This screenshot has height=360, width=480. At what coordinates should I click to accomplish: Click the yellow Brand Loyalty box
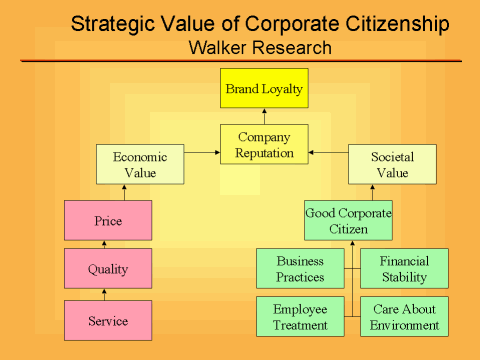[x=264, y=89]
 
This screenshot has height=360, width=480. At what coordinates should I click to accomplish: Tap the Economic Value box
[x=140, y=165]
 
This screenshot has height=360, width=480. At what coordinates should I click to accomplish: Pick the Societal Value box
[x=392, y=165]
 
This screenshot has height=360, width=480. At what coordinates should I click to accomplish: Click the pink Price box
[x=108, y=220]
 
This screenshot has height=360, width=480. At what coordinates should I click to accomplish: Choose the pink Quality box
[x=108, y=268]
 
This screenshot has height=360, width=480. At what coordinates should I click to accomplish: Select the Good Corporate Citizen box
[x=348, y=220]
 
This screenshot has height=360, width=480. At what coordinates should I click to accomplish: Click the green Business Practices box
[x=300, y=268]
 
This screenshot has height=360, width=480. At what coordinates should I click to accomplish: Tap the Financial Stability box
[x=404, y=268]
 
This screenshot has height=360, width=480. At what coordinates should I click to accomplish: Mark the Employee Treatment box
[x=300, y=316]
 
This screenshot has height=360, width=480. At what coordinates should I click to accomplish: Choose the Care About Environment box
[x=404, y=316]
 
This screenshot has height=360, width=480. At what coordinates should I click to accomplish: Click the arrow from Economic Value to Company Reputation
[x=202, y=154]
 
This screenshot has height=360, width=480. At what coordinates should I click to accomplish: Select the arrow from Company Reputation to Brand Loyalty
[x=264, y=117]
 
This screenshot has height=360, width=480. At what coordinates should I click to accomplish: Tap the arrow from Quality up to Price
[x=108, y=244]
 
